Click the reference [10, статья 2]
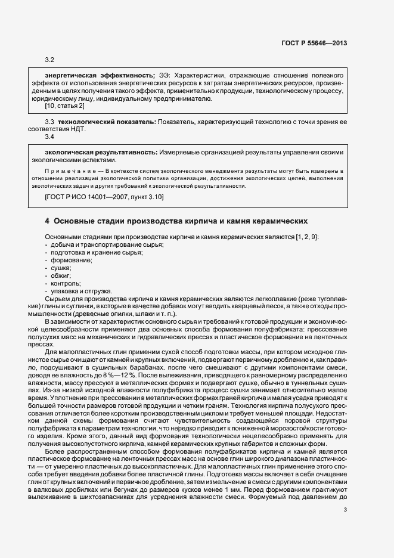pos(64,106)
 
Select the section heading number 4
pos(47,220)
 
